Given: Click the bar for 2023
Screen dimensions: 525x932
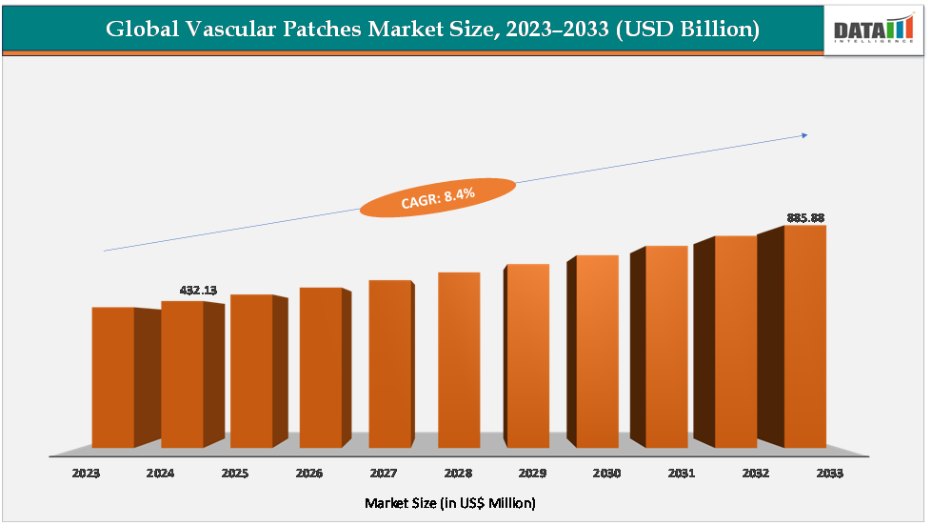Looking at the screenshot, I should [x=113, y=377].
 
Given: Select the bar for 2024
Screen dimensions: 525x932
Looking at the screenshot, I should [x=182, y=374].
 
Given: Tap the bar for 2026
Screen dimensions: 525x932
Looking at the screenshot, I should [x=321, y=368].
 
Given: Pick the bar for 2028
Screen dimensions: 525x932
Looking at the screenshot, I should [x=459, y=360].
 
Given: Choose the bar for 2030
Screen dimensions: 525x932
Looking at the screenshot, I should [x=597, y=352].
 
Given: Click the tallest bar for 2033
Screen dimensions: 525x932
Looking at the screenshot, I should [x=804, y=336].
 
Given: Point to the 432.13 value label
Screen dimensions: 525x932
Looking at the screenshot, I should [x=199, y=290].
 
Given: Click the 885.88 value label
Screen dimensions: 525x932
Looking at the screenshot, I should [x=805, y=218].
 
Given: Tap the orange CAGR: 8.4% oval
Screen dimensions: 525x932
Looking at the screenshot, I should [x=437, y=197].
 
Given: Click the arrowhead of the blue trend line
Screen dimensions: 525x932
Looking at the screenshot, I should [x=804, y=135].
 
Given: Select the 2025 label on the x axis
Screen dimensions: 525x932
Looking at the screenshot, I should [x=235, y=473].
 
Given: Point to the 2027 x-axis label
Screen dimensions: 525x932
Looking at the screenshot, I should [x=383, y=473].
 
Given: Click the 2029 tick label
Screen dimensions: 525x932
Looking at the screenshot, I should [x=531, y=473].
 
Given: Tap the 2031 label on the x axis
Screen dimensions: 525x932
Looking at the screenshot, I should [x=680, y=473].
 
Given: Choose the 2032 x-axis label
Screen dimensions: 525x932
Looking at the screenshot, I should [x=754, y=473].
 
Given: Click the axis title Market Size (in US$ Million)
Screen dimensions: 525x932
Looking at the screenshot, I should [x=449, y=502].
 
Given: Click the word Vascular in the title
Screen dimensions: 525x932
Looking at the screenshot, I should [x=216, y=30].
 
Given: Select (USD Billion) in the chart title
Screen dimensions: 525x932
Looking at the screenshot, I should [x=687, y=30].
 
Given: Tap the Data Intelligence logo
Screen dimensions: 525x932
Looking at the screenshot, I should [x=873, y=28].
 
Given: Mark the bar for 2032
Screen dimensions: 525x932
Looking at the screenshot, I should [x=736, y=341].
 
